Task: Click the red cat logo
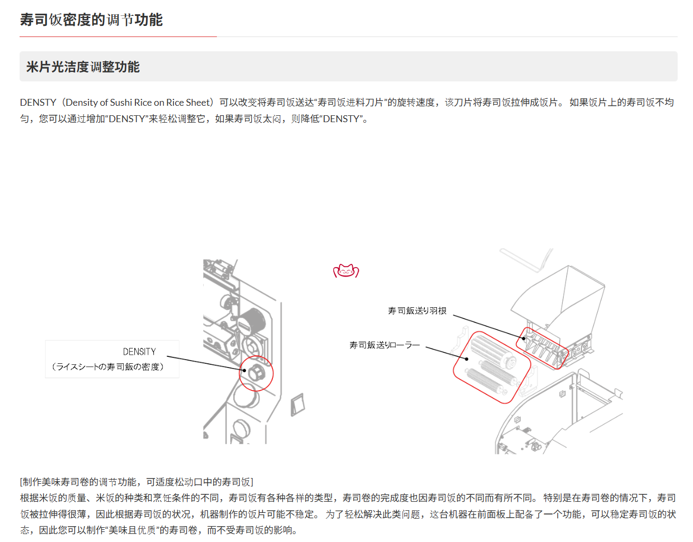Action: tap(346, 271)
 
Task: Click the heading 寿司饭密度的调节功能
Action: tap(91, 20)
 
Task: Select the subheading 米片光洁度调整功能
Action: tap(83, 67)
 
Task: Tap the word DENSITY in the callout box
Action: tap(139, 352)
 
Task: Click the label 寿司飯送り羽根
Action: tap(417, 311)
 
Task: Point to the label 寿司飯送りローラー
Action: tap(385, 345)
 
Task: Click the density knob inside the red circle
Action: tap(257, 373)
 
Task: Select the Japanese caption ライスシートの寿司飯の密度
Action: tap(108, 367)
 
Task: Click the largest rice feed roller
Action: tap(493, 350)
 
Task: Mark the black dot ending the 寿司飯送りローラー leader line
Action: tap(467, 359)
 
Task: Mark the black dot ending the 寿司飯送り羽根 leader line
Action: tap(524, 339)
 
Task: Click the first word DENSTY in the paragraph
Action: tap(38, 103)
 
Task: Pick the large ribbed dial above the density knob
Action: tap(252, 321)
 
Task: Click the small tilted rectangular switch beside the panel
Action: tap(298, 405)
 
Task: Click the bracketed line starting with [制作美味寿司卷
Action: tap(136, 482)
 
